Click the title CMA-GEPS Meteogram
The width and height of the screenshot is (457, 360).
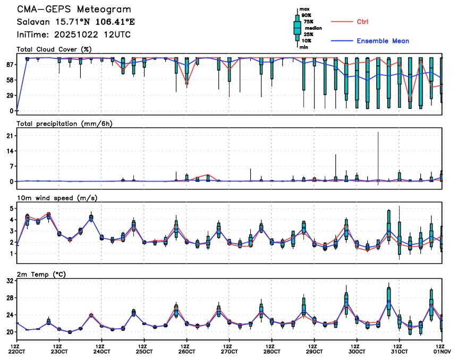tap(73, 10)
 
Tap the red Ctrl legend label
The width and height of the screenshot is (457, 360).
tap(360, 22)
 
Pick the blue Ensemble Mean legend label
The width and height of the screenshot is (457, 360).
tap(383, 41)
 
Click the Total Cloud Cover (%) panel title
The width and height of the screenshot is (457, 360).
tap(55, 49)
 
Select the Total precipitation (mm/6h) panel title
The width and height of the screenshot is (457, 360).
tap(65, 124)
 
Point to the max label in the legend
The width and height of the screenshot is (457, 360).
tap(304, 10)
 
